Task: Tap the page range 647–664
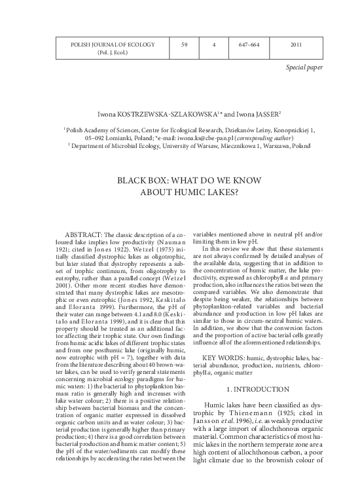pyautogui.click(x=251, y=45)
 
